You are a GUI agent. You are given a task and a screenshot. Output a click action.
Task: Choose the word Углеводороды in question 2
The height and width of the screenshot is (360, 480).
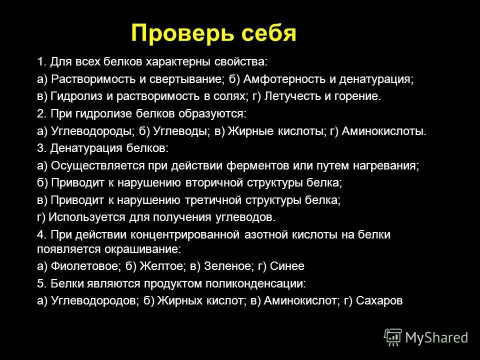tap(92, 131)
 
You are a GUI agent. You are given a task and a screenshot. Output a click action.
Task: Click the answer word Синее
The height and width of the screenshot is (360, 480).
tap(287, 266)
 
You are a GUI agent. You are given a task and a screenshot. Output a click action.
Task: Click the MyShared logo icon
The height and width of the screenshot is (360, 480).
tap(393, 336)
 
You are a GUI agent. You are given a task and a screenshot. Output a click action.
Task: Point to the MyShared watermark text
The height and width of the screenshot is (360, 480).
tap(436, 337)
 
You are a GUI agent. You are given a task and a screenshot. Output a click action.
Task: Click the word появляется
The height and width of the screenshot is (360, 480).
tap(64, 248)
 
